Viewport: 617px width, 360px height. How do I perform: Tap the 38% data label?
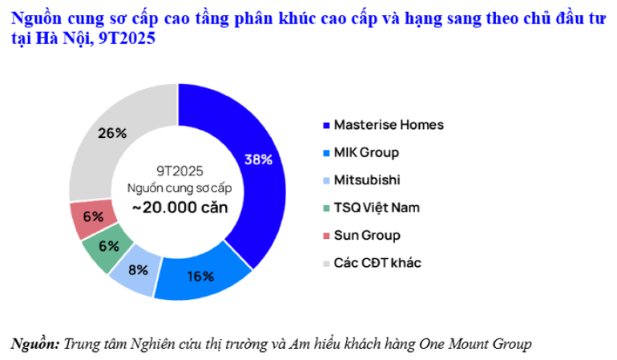(259, 159)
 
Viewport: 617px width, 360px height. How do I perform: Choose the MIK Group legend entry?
(365, 152)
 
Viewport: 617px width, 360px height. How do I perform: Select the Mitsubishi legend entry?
(367, 180)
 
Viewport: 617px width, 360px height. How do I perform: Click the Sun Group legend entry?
(366, 236)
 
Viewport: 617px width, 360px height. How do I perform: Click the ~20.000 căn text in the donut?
(177, 206)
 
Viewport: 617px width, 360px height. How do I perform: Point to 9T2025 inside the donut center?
(178, 170)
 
